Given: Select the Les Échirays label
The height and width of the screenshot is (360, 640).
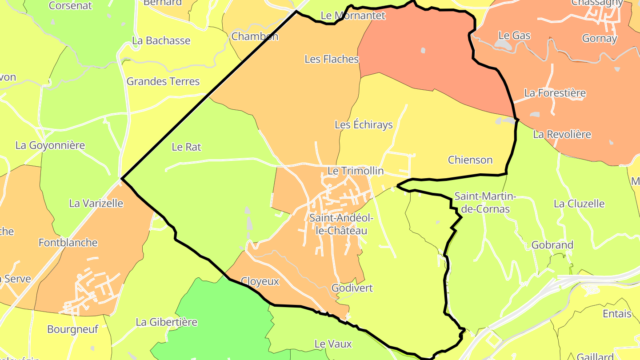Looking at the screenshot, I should [x=364, y=125].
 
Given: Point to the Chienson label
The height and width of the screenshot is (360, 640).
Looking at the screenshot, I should [x=470, y=160].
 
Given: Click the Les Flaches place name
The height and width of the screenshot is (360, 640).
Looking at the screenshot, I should [x=332, y=59].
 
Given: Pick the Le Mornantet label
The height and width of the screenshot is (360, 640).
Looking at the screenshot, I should [x=353, y=16].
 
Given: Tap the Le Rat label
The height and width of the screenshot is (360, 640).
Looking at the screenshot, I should [x=186, y=147].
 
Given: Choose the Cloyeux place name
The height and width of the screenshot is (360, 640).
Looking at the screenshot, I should [x=260, y=281].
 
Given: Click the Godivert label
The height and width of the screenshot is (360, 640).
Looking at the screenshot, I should [x=352, y=288].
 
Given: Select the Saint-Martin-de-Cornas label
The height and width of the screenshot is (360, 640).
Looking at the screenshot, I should [x=484, y=202].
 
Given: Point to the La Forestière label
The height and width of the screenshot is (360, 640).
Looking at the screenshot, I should [x=555, y=93].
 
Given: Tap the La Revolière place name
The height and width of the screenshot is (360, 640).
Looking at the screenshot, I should [x=562, y=134].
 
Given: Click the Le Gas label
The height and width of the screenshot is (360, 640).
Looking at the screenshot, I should [x=515, y=36].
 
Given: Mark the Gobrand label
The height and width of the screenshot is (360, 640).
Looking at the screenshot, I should [x=552, y=245].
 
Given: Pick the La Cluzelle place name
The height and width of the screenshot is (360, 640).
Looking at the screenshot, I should [x=579, y=204].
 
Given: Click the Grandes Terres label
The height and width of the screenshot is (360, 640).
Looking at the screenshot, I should [x=163, y=82].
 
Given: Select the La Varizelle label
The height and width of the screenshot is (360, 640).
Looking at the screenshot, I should [x=96, y=204].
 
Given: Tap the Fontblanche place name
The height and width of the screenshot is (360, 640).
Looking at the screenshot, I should [x=68, y=243].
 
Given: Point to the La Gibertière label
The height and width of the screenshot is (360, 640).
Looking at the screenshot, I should [x=166, y=322].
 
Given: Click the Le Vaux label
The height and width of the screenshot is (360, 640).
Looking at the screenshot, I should [x=333, y=344].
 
